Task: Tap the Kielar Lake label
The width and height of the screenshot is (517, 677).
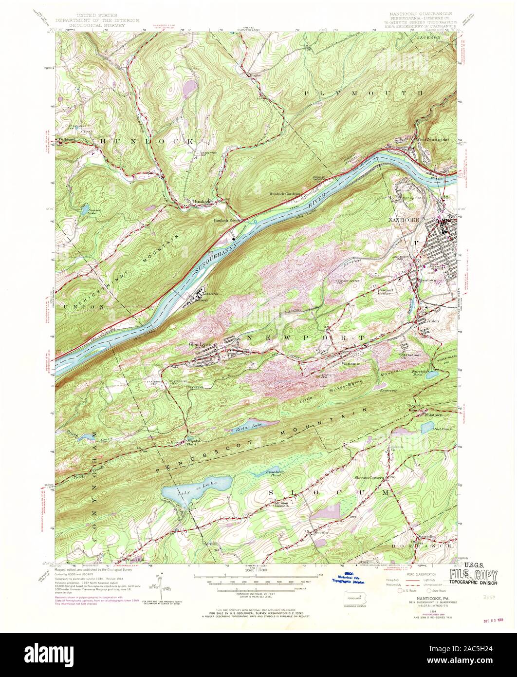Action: tap(249, 428)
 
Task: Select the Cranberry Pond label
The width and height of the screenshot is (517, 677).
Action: tap(265, 473)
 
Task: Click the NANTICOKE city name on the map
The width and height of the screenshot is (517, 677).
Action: tap(403, 220)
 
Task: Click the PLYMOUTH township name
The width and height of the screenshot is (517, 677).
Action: tap(363, 92)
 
